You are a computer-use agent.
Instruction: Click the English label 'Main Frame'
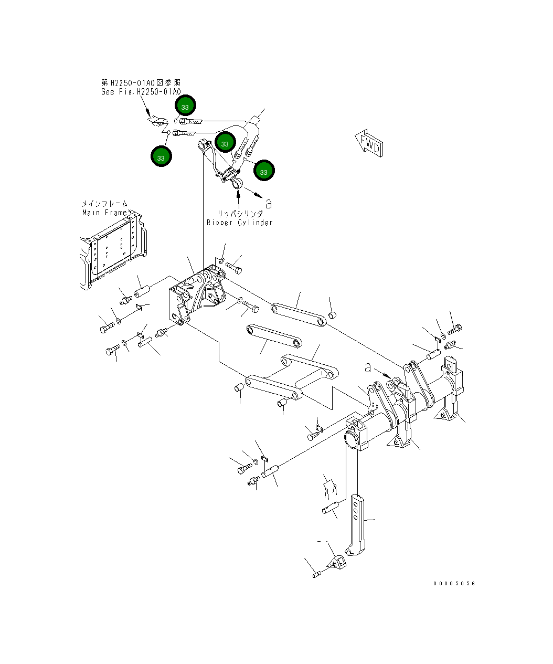coord(104,213)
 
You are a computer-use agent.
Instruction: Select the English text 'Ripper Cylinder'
coord(239,223)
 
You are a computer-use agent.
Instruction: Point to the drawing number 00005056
coord(453,583)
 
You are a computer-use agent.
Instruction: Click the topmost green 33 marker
coord(185,107)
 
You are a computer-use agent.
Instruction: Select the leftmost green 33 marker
coord(161,157)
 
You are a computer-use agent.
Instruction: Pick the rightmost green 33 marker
coord(263,171)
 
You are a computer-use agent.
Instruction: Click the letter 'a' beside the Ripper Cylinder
coord(269,203)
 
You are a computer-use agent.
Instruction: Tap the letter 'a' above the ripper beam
coord(368,368)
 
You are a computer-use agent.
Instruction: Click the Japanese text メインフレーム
coord(104,204)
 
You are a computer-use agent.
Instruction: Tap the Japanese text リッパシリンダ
coord(240,214)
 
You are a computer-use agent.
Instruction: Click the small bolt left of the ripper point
coord(316,575)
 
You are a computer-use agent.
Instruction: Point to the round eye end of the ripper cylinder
coord(236,183)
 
